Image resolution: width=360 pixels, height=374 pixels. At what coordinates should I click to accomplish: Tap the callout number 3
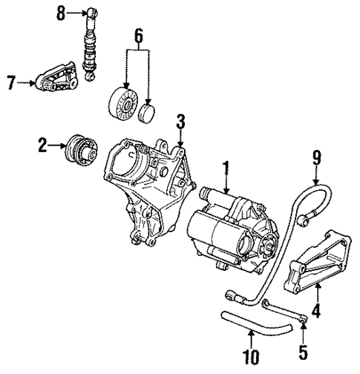pos(180,121)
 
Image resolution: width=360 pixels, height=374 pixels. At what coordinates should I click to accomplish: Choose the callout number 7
pos(11,84)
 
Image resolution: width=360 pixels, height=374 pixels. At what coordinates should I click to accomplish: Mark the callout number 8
pos(62,13)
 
